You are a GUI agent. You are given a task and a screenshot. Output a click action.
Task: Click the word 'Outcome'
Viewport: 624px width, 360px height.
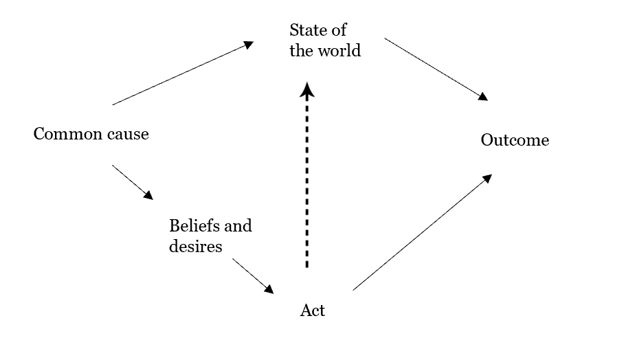515,140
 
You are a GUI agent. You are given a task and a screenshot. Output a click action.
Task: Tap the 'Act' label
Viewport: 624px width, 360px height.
313,311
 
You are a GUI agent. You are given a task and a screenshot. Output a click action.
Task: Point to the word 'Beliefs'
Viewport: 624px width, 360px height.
191,225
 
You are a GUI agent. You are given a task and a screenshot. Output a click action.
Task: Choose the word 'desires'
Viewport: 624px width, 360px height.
195,245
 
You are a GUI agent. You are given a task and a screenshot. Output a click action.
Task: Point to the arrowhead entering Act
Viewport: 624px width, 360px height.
268,289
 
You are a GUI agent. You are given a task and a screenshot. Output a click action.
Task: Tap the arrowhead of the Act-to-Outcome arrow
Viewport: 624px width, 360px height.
487,178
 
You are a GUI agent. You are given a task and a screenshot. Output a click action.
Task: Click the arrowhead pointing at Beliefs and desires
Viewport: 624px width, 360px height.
148,195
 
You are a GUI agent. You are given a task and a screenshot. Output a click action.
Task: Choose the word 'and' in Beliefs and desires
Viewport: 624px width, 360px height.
238,225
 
